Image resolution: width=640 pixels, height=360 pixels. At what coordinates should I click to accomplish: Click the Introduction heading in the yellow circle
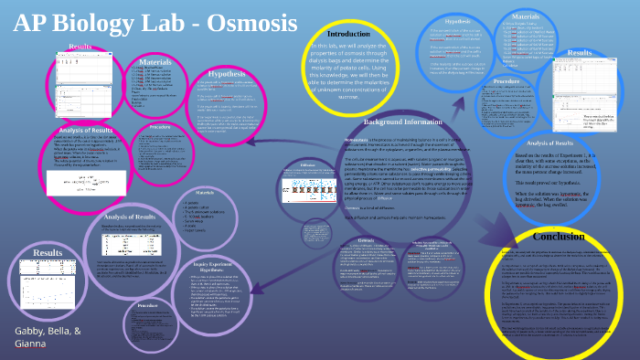(x=348, y=34)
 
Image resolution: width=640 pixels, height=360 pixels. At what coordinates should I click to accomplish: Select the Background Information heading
(x=401, y=122)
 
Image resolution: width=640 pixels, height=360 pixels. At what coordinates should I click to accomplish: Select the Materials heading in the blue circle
(x=526, y=16)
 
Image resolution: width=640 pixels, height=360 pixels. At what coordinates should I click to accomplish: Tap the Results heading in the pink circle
(x=80, y=47)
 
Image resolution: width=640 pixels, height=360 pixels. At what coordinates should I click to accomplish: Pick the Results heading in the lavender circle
(x=48, y=252)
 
